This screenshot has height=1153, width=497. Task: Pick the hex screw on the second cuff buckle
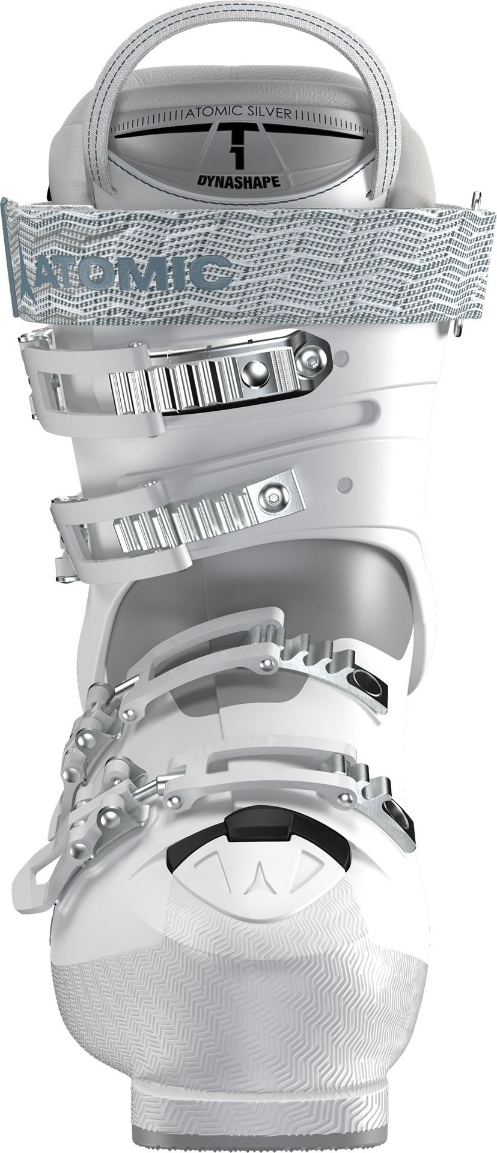pos(269,497)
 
